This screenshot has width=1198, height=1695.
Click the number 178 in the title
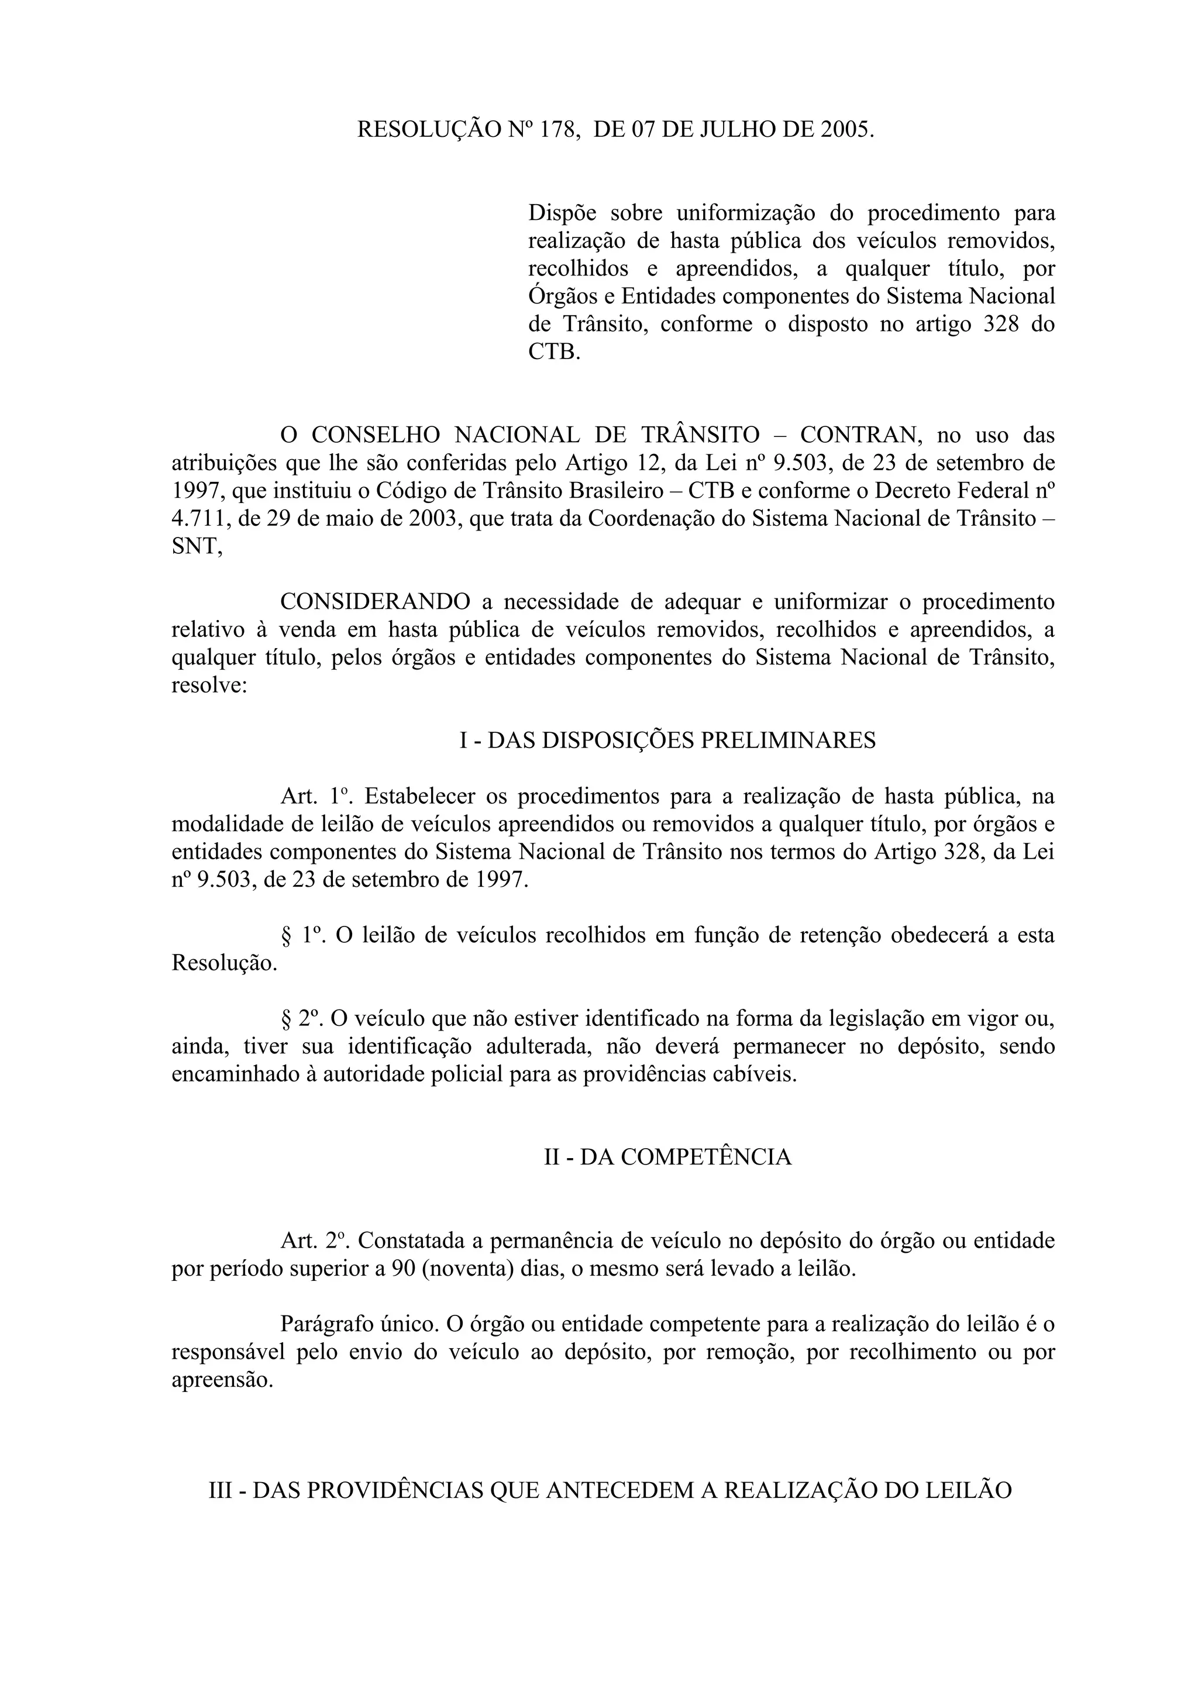pyautogui.click(x=557, y=130)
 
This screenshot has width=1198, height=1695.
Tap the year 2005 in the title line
pyautogui.click(x=846, y=130)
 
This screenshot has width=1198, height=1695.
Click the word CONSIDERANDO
pyautogui.click(x=375, y=602)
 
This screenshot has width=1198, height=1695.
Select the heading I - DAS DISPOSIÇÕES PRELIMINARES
pyautogui.click(x=667, y=740)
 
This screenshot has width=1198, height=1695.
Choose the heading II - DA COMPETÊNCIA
pyautogui.click(x=667, y=1157)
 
